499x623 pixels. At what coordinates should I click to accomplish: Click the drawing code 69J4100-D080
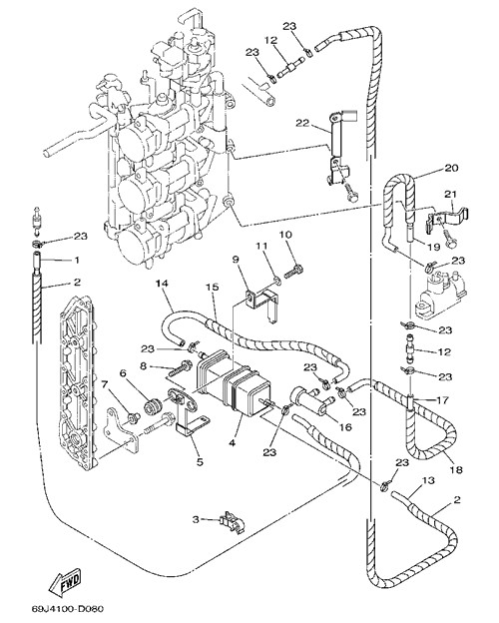tap(68, 609)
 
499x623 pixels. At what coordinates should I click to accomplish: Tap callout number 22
tap(302, 123)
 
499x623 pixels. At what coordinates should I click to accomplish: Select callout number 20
tap(451, 168)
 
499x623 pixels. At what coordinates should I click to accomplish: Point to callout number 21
tap(451, 194)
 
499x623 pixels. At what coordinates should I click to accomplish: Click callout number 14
tap(162, 284)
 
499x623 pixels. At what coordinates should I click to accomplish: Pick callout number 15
tap(213, 287)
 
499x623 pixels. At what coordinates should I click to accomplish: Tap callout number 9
tap(236, 260)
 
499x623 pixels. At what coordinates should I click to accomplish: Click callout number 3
tap(196, 519)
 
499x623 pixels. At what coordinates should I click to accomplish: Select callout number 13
tap(429, 481)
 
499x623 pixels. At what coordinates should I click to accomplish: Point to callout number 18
tap(457, 470)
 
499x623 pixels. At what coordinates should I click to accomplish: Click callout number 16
tap(345, 427)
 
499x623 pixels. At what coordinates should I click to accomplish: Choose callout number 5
tap(200, 462)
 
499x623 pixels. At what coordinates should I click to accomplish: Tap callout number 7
tap(105, 384)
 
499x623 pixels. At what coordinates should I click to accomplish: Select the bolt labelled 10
tap(294, 272)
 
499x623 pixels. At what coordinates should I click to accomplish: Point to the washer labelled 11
tap(277, 282)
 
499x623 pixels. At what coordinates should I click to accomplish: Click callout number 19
tap(434, 247)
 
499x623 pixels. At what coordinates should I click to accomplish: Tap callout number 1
tap(77, 260)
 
